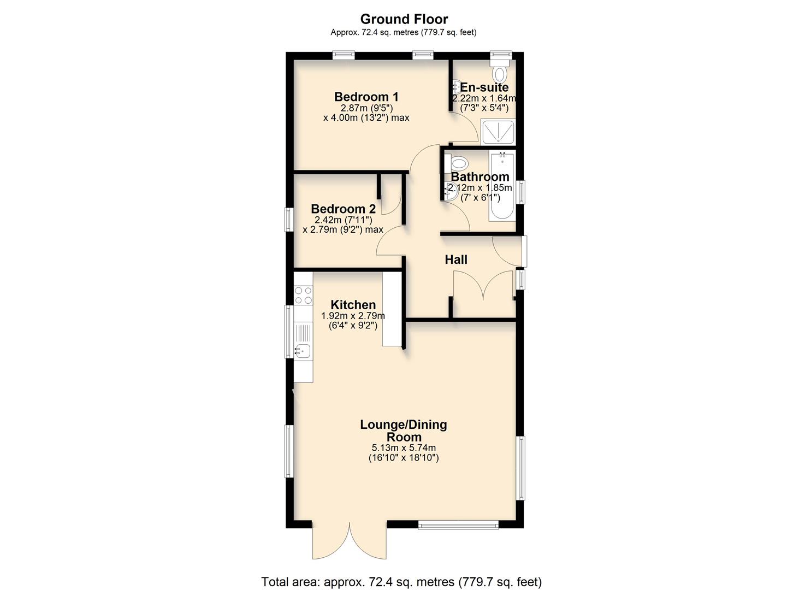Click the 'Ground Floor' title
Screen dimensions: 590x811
pos(404,19)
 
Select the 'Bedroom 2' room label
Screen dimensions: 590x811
pos(343,209)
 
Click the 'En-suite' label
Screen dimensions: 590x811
pos(484,87)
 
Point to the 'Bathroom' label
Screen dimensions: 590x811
pos(480,177)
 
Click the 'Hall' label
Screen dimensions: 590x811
pos(456,259)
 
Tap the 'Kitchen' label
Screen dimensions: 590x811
pos(353,305)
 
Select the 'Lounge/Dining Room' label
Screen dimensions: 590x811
pos(404,430)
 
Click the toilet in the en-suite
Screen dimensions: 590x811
pos(500,73)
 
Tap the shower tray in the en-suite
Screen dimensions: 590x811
pos(498,132)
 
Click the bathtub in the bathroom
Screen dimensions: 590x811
pos(502,186)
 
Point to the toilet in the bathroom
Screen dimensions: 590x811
pos(457,163)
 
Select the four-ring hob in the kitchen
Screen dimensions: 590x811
pos(303,296)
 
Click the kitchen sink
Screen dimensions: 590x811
pos(303,350)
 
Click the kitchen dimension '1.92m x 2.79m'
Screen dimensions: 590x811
pos(353,316)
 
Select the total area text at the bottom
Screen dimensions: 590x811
pos(401,582)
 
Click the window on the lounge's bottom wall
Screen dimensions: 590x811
pos(458,525)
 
